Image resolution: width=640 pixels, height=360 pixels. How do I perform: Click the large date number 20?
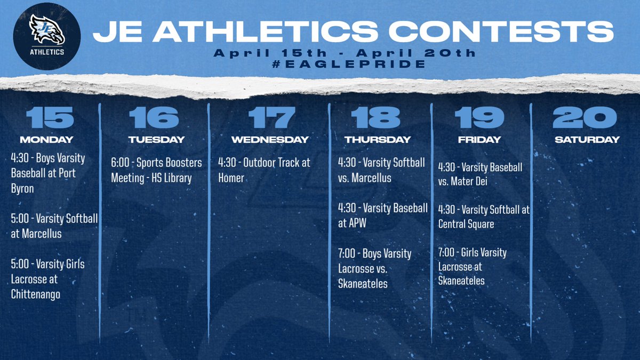585,118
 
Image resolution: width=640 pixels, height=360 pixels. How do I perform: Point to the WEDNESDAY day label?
270,140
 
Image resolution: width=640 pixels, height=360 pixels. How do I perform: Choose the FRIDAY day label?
479,140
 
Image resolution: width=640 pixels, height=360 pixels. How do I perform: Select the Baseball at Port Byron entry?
48,173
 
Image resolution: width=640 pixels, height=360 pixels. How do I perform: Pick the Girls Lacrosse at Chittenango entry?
48,279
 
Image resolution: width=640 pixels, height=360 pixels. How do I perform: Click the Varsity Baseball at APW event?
382,215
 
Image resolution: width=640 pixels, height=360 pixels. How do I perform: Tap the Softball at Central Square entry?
483,217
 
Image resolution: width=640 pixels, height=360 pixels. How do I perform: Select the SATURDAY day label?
587,140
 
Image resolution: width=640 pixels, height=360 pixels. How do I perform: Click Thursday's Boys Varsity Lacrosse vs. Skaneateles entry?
375,268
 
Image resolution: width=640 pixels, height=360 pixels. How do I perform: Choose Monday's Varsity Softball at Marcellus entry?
54,226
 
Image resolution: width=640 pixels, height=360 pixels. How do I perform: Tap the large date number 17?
271,118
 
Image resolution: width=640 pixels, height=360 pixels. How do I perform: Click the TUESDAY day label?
156,140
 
